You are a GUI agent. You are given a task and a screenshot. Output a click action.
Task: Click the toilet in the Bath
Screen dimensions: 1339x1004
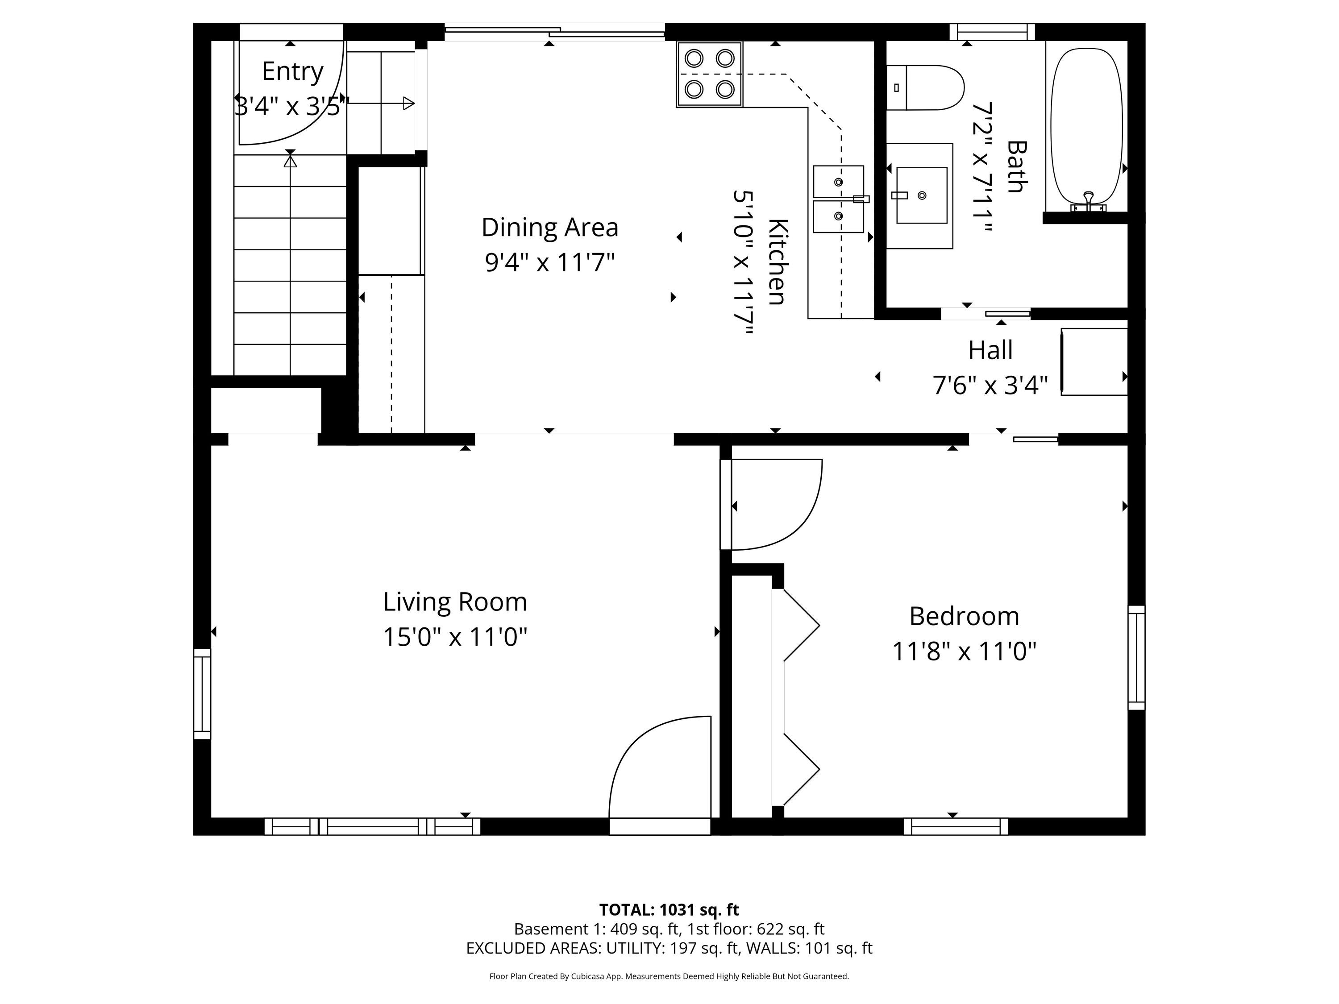pyautogui.click(x=924, y=88)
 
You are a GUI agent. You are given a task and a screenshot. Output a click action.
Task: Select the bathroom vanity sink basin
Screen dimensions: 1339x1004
pyautogui.click(x=921, y=195)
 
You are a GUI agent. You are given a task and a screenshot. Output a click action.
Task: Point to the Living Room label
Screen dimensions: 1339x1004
pyautogui.click(x=455, y=602)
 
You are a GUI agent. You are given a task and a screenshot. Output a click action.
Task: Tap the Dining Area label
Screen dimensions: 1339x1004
pyautogui.click(x=549, y=227)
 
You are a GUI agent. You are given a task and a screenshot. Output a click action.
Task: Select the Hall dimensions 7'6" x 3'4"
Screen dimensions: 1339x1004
pyautogui.click(x=990, y=385)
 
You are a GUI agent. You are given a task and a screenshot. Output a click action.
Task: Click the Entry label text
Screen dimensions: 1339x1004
pyautogui.click(x=292, y=71)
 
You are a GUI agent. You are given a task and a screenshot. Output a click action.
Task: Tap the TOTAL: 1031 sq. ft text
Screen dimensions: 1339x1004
pyautogui.click(x=669, y=909)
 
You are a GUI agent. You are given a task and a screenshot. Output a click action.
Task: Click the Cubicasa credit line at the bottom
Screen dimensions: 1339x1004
pyautogui.click(x=669, y=976)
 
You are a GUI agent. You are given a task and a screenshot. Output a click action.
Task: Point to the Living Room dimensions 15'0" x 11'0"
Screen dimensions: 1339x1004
pyautogui.click(x=455, y=637)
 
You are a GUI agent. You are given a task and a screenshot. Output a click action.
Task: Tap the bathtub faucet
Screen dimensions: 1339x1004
pyautogui.click(x=1089, y=202)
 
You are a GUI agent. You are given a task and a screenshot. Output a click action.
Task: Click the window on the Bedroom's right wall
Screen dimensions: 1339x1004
pyautogui.click(x=1137, y=657)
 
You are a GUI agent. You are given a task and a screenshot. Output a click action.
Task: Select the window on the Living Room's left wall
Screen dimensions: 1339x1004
pyautogui.click(x=202, y=694)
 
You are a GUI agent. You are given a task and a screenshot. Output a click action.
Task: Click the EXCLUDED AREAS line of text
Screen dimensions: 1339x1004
pyautogui.click(x=669, y=948)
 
